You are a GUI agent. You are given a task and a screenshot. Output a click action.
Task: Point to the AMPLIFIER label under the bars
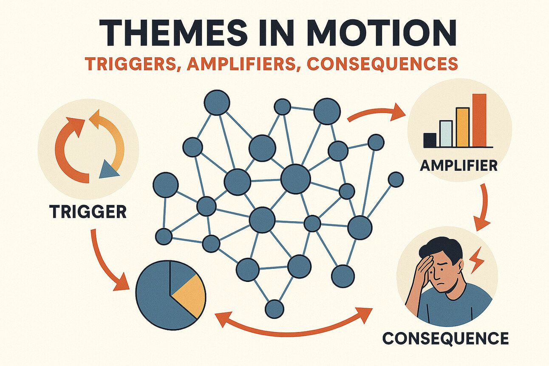pos(458,166)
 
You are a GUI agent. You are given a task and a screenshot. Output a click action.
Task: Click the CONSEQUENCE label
pos(445,338)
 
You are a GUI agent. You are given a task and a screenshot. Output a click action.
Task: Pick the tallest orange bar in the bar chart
pos(479,120)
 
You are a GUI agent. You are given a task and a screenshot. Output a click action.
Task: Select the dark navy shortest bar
pos(430,140)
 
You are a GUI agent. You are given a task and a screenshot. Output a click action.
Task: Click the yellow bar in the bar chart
pos(462,127)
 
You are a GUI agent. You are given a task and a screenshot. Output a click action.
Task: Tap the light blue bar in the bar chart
pos(446,134)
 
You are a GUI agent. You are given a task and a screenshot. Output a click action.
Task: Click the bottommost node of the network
pos(274,309)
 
